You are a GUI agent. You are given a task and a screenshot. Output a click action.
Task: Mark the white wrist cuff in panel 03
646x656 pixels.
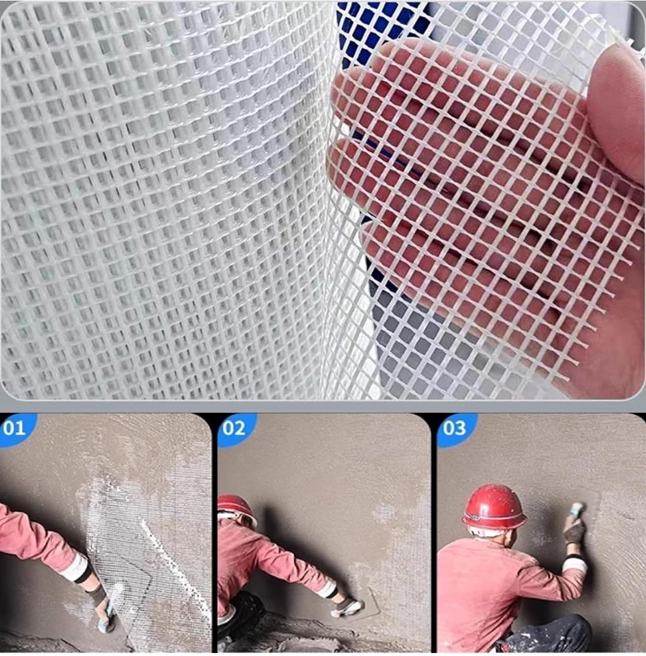(x=575, y=565)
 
